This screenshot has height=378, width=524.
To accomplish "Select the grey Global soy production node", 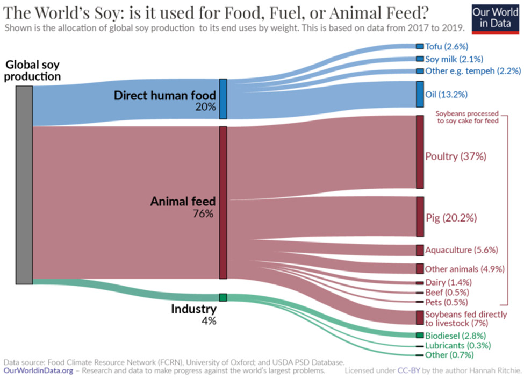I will (24, 184).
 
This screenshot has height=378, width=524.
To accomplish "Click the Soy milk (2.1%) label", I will (446, 59).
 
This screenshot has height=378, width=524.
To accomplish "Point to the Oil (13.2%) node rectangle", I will (420, 95).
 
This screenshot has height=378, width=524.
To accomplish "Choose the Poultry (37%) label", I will (455, 156).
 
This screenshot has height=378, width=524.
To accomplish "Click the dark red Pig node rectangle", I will (420, 216).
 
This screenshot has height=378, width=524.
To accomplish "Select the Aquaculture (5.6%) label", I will (461, 250).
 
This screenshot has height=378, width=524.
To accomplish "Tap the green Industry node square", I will (223, 297).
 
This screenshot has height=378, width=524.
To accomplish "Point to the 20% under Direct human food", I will (206, 107).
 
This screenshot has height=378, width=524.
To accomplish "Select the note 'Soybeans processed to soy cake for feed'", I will (466, 117).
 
